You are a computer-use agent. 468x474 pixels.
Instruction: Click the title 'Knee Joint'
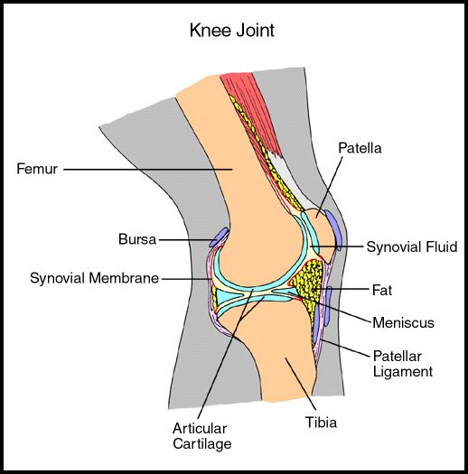click(231, 31)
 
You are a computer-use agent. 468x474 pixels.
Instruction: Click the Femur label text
click(37, 169)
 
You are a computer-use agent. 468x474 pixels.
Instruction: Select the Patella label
click(360, 148)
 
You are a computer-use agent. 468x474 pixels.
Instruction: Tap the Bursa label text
click(137, 239)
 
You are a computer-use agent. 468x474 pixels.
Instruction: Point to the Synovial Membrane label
click(94, 278)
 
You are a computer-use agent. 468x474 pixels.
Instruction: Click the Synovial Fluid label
click(412, 246)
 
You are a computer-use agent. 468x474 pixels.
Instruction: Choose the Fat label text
click(382, 290)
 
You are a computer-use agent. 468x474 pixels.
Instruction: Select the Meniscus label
click(403, 322)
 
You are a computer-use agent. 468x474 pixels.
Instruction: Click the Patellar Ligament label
click(403, 364)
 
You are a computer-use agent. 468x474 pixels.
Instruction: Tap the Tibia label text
click(321, 422)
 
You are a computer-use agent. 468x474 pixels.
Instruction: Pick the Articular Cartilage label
click(202, 436)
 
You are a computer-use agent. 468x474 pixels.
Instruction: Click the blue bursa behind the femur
click(219, 237)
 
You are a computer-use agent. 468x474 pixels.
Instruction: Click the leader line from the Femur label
click(148, 170)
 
